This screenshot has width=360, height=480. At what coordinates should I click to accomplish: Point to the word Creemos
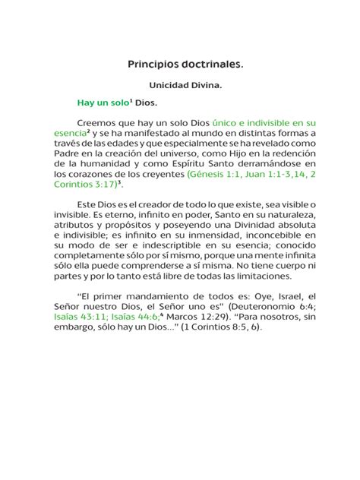pyautogui.click(x=98, y=122)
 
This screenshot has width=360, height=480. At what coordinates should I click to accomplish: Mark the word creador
pyautogui.click(x=138, y=205)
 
